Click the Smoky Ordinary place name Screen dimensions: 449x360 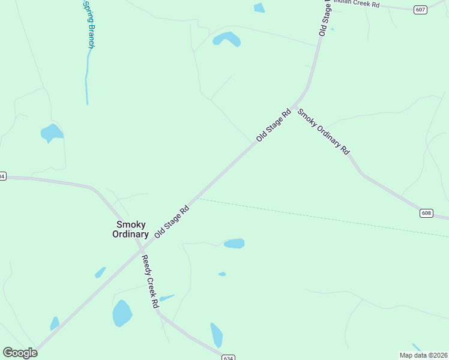point(130,229)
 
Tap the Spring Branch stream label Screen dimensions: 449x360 point(89,24)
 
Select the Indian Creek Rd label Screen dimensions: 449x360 point(358,4)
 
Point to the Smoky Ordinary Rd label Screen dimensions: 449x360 point(324,131)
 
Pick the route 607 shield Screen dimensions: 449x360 point(420,9)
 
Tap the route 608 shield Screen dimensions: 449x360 point(426,213)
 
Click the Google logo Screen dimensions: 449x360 point(20,352)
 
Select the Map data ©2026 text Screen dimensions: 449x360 point(423,355)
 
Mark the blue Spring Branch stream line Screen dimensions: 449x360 point(87,78)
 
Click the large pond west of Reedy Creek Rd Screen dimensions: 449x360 point(122,313)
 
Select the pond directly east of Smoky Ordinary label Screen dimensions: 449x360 point(234,243)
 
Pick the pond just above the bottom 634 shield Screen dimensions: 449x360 point(216,335)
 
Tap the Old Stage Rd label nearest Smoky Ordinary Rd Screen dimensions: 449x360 point(273,125)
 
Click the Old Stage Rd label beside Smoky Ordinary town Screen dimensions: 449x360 point(172,221)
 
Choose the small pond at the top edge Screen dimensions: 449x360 point(259,8)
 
